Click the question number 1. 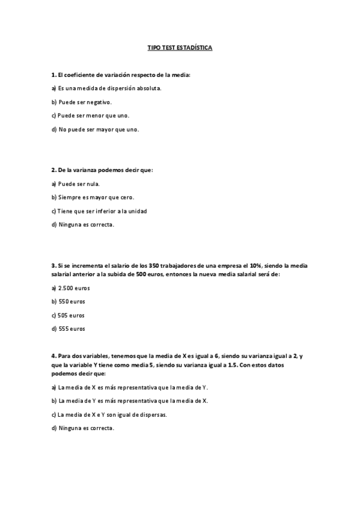coord(53,75)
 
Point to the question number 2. coord(53,170)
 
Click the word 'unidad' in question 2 coord(137,211)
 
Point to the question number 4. coord(53,356)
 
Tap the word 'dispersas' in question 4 coord(153,414)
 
